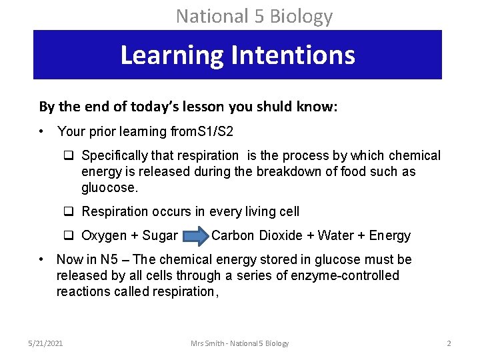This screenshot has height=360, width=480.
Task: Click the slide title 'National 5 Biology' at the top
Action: [254, 15]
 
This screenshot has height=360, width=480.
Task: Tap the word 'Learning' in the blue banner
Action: [171, 55]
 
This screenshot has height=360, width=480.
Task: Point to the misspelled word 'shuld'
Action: [239, 107]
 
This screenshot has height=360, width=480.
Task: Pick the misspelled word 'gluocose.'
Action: [110, 188]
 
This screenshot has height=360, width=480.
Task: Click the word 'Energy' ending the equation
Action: [389, 235]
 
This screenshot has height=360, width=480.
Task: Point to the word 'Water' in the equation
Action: [336, 235]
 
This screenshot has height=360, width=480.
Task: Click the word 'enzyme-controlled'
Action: [345, 275]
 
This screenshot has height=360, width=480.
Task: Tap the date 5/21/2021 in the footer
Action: [46, 343]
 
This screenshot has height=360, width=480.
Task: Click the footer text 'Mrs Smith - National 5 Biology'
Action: [240, 343]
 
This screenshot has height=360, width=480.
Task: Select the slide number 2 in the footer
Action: [449, 343]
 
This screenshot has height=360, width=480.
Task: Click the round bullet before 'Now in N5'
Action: [41, 259]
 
